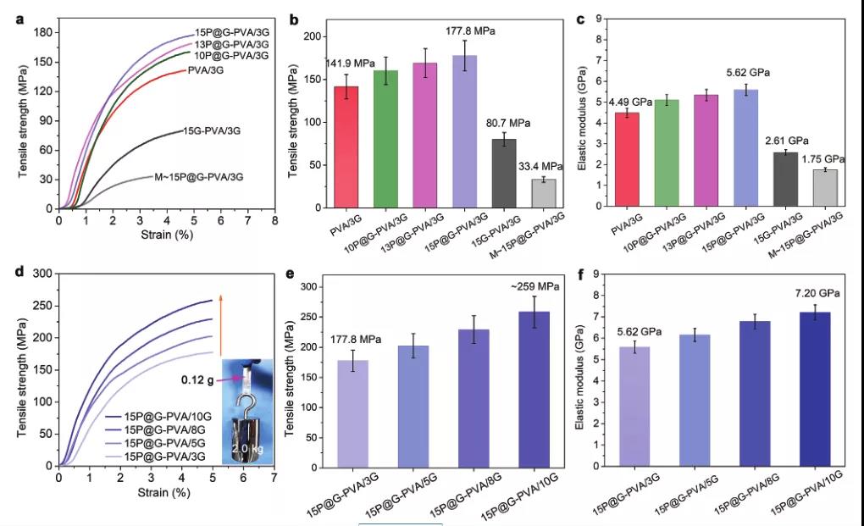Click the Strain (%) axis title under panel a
click(165, 239)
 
